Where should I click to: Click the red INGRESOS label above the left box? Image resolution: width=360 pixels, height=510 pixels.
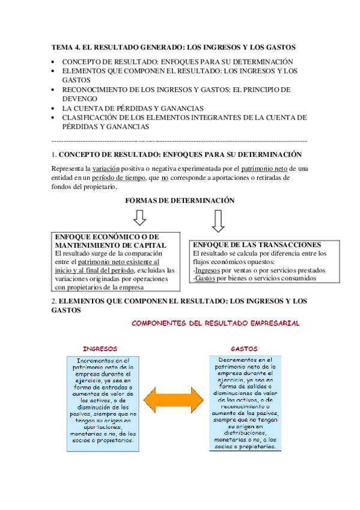pyautogui.click(x=100, y=349)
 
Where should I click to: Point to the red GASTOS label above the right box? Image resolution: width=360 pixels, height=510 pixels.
pyautogui.click(x=244, y=349)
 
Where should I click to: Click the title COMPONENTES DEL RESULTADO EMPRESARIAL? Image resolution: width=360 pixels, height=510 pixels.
pyautogui.click(x=215, y=323)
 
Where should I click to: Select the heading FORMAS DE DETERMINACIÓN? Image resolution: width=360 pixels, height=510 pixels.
pyautogui.click(x=180, y=200)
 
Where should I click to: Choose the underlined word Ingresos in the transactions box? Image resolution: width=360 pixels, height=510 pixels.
pyautogui.click(x=207, y=271)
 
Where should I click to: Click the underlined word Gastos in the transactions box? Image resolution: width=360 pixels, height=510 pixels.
pyautogui.click(x=206, y=279)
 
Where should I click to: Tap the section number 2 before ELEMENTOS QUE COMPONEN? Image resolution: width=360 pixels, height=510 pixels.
pyautogui.click(x=53, y=300)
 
